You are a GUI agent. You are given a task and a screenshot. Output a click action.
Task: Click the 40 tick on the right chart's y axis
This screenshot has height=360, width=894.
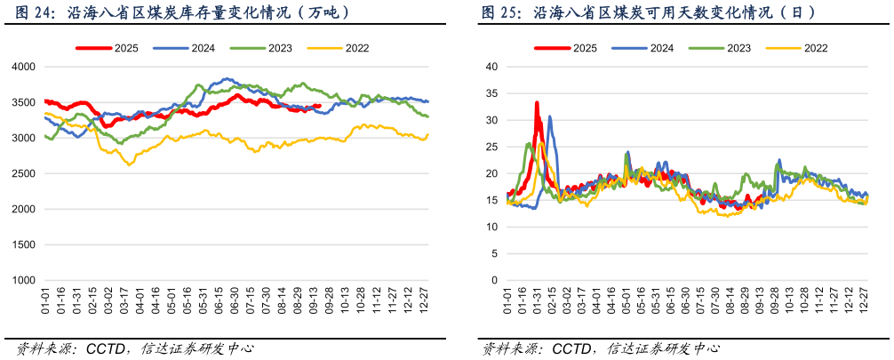coord(491,67)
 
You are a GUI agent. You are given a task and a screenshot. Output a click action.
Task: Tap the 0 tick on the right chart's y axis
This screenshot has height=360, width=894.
coord(494,281)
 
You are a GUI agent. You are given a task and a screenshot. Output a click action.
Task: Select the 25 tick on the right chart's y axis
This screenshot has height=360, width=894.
coord(491,147)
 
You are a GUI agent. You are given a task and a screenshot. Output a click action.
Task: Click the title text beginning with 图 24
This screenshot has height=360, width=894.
coord(178,12)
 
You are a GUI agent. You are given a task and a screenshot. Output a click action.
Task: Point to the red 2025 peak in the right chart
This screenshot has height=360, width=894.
coord(537,103)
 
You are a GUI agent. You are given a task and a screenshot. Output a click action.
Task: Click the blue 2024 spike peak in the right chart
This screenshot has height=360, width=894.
coord(549,116)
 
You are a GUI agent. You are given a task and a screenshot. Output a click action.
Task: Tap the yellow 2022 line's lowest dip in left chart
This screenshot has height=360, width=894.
coord(130,164)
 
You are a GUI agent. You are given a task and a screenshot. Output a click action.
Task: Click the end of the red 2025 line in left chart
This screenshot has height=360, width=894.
coord(319,106)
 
